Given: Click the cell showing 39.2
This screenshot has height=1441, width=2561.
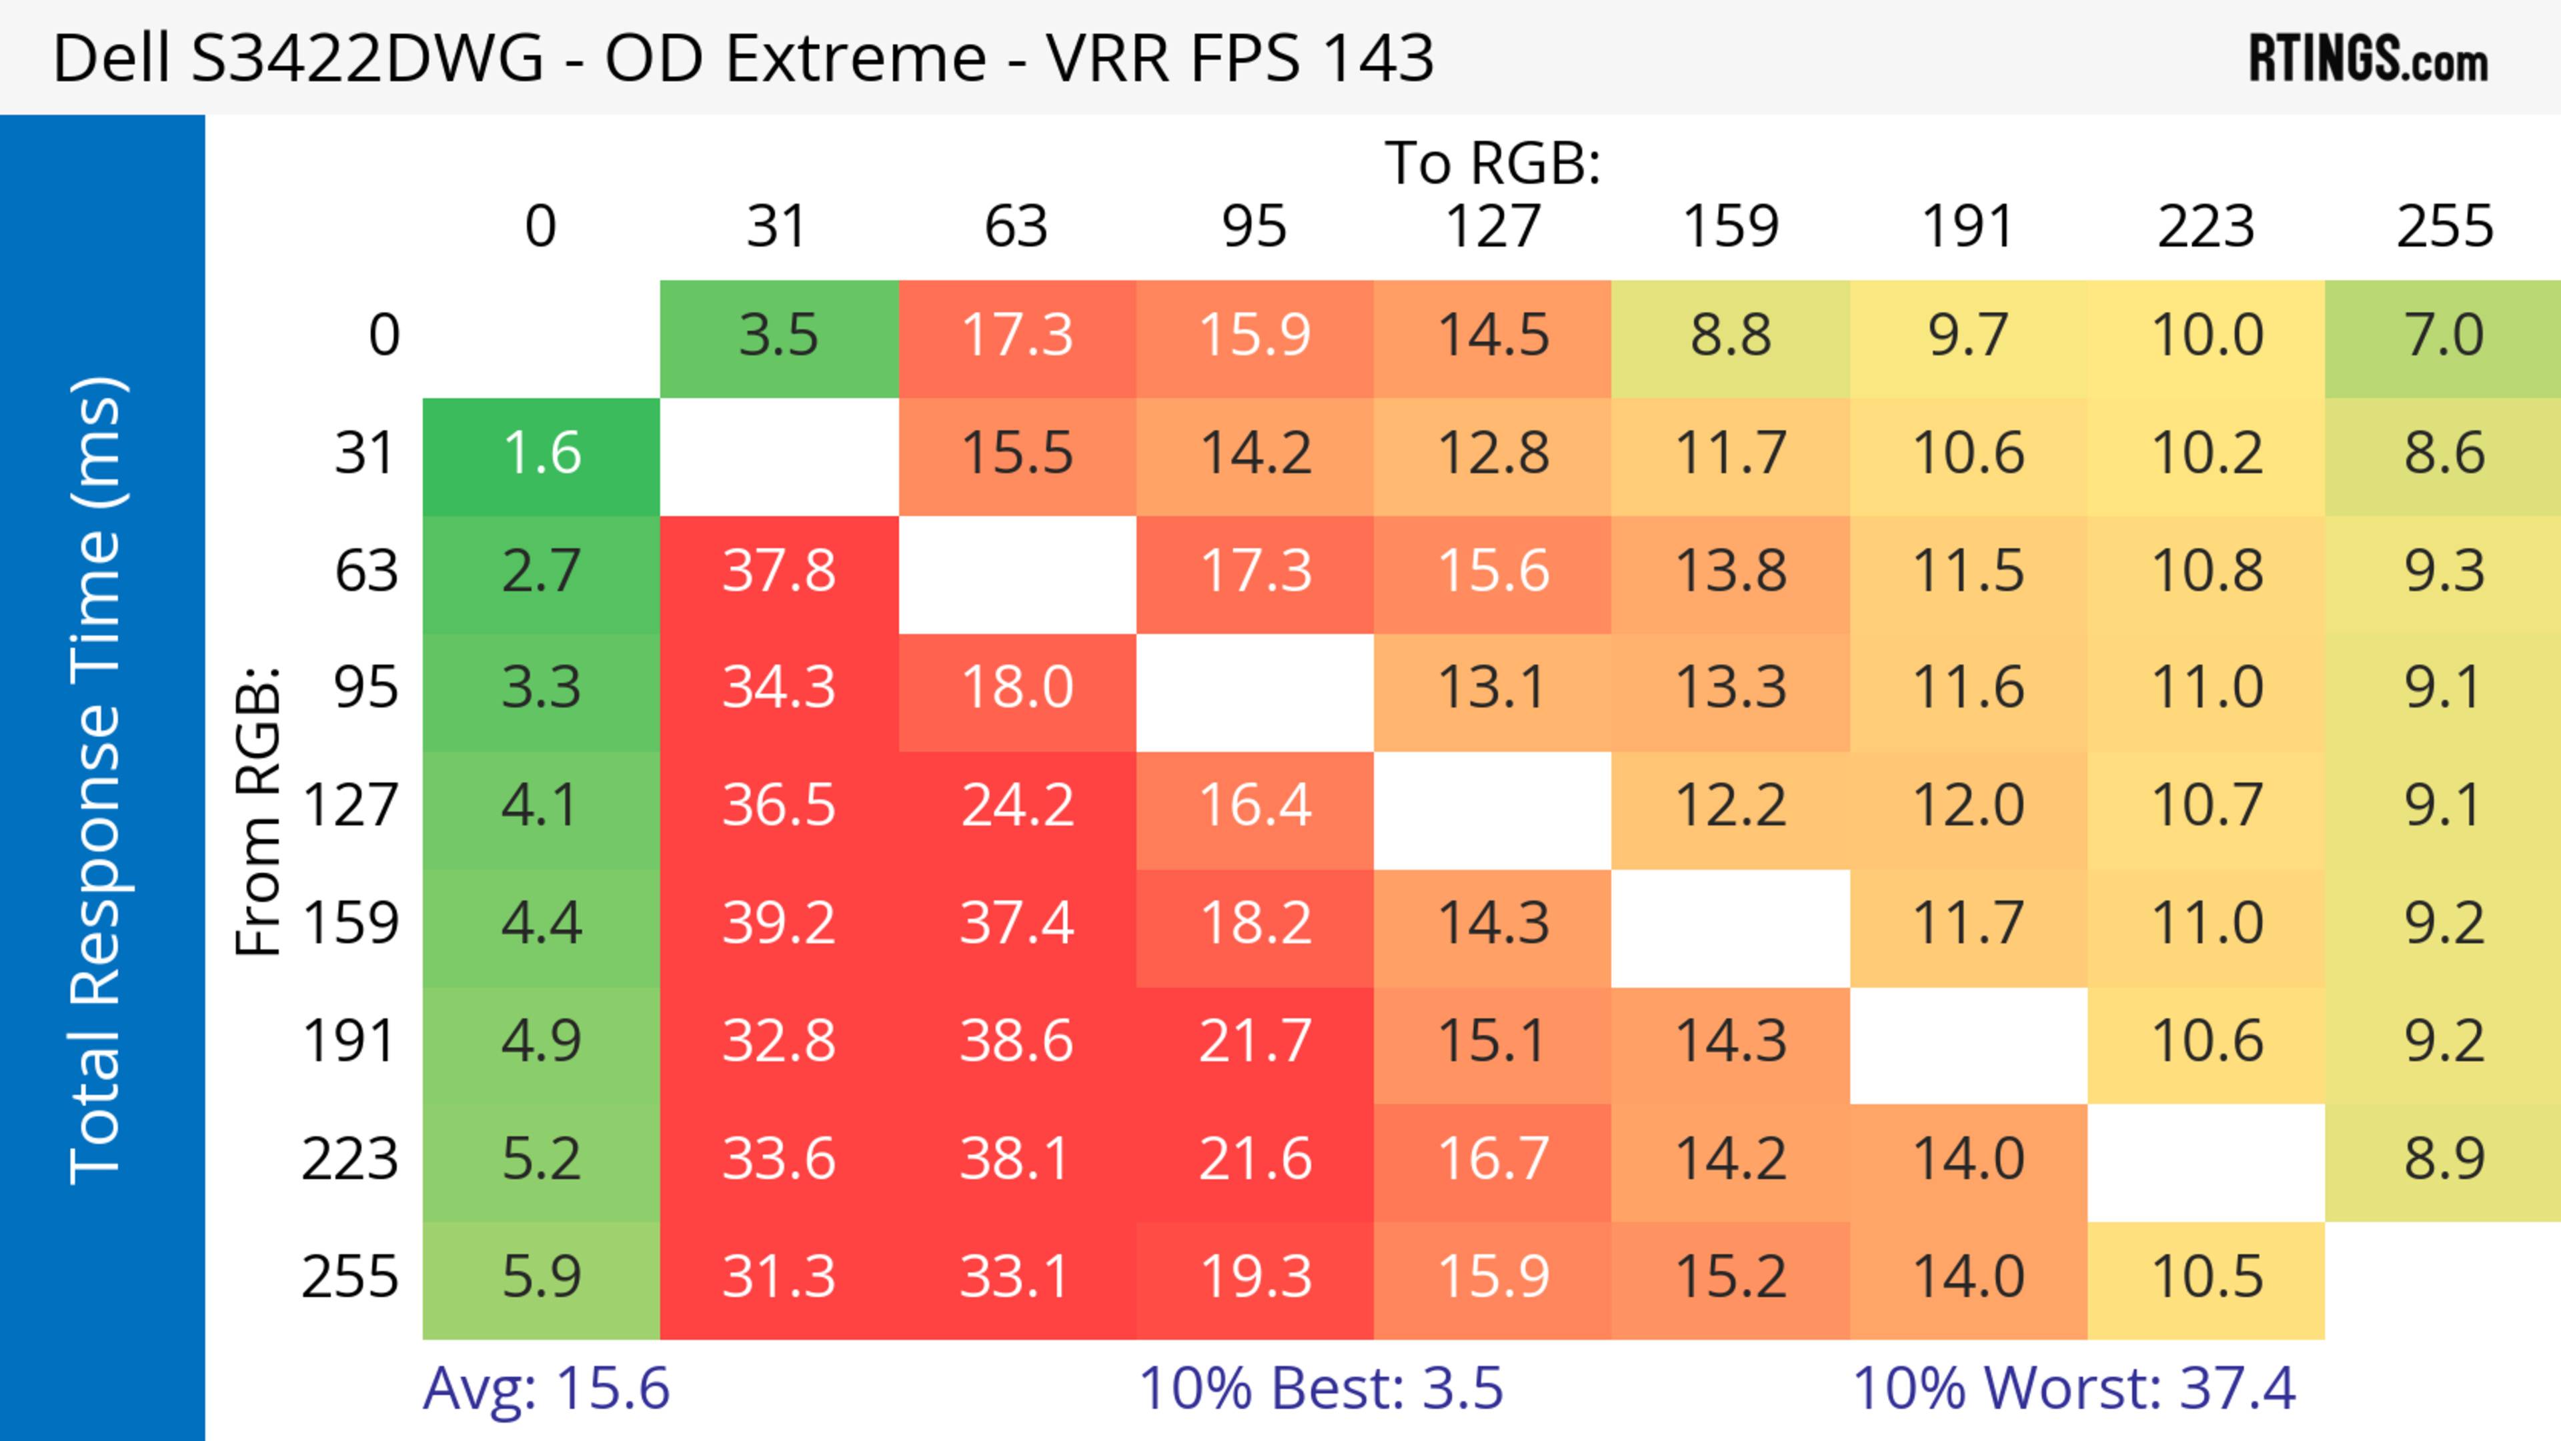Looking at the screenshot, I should pyautogui.click(x=778, y=924).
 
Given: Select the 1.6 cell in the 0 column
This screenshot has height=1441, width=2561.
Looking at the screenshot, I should pyautogui.click(x=542, y=454).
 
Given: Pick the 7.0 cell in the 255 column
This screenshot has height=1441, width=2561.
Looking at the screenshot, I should pyautogui.click(x=2444, y=336).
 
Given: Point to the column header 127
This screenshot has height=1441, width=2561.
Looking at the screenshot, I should pyautogui.click(x=1493, y=227).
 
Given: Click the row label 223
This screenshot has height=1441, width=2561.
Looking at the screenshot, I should pyautogui.click(x=350, y=1159).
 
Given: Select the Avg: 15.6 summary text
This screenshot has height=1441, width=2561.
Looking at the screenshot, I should pyautogui.click(x=546, y=1388).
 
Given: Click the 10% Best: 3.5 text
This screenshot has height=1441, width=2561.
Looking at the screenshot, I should pyautogui.click(x=1321, y=1388).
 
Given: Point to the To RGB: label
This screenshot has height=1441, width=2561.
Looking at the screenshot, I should pyautogui.click(x=1493, y=163).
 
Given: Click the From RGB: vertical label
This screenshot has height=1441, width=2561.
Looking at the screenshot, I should pyautogui.click(x=259, y=811).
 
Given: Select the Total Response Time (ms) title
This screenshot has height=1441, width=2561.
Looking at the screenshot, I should pyautogui.click(x=97, y=780).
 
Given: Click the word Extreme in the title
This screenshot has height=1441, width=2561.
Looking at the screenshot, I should pyautogui.click(x=856, y=57).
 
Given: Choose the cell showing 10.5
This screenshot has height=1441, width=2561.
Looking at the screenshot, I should pyautogui.click(x=2206, y=1277).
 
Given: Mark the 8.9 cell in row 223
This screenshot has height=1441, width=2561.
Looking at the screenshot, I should pyautogui.click(x=2444, y=1159).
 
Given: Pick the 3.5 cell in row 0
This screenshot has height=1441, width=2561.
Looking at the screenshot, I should pyautogui.click(x=778, y=336).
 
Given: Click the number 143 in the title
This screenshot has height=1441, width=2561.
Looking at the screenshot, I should pyautogui.click(x=1378, y=57).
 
